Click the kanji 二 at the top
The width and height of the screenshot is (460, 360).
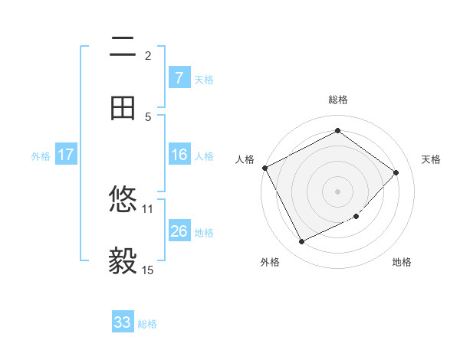[123, 47]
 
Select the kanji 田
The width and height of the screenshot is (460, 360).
[123, 108]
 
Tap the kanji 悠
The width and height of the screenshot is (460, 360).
[123, 201]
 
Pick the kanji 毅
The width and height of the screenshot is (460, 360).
[123, 261]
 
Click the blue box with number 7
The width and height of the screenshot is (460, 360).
[179, 77]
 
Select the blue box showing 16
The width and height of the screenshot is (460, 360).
[179, 155]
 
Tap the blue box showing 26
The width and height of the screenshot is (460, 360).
[179, 231]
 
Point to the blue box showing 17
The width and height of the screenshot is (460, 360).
[66, 155]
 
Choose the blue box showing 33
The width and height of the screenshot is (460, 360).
[123, 322]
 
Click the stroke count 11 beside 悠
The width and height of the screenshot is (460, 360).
[148, 208]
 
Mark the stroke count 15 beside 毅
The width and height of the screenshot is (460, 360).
[148, 270]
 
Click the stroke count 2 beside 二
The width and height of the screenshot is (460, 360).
[148, 55]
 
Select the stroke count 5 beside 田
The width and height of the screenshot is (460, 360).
[148, 116]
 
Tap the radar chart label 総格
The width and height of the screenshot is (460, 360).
[338, 100]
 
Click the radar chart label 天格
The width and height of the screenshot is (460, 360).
[432, 159]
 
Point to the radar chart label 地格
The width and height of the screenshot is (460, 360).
[402, 262]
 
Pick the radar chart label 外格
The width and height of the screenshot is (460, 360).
[270, 262]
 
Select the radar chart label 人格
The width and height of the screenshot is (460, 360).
[245, 159]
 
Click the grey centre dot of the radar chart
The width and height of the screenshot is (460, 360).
[337, 191]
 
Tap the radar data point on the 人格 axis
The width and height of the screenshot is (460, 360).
[265, 168]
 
